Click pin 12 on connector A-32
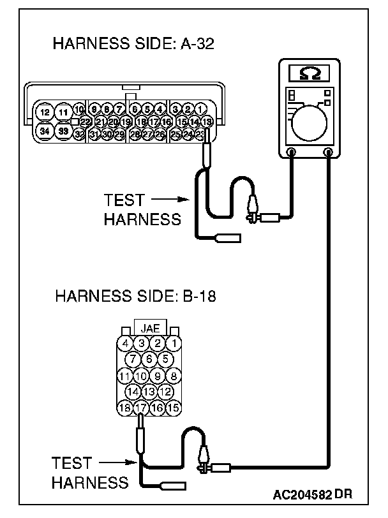44,112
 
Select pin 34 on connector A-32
44,131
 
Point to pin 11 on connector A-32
63,112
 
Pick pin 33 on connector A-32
63,131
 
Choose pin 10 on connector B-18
142,376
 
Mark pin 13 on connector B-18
149,391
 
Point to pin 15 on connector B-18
172,406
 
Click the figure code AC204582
304,494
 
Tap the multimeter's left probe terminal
291,152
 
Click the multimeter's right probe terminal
329,152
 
